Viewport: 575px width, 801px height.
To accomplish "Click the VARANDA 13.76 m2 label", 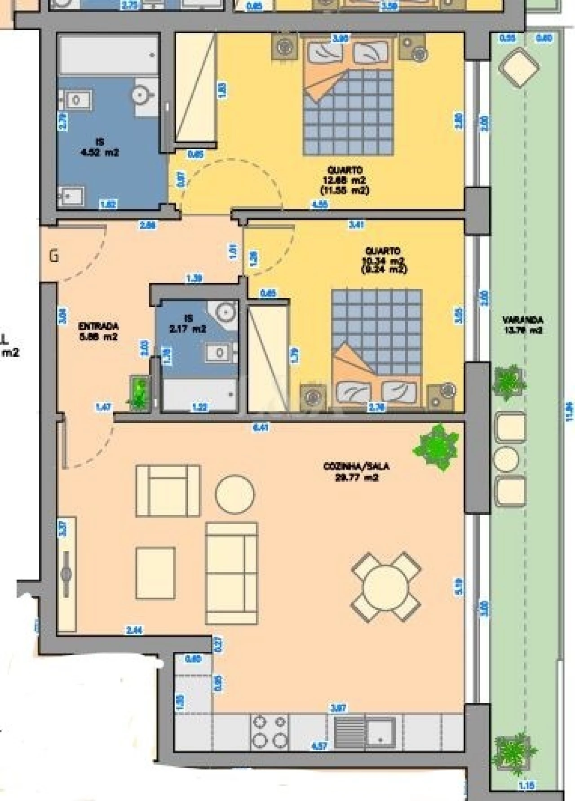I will point(522,325).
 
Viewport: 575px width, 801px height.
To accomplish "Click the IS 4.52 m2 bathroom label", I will point(100,147).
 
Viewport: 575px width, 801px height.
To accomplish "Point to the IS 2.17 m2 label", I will point(188,323).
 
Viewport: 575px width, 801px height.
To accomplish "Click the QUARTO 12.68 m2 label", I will point(345,180).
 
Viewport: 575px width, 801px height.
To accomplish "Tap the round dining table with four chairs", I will point(386,587).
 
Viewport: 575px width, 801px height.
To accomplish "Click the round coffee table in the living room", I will point(234,494).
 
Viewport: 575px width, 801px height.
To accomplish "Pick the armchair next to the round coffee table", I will point(168,491).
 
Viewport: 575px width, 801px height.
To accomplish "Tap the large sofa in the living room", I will point(231,573).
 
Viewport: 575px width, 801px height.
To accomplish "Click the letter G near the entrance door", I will point(54,257).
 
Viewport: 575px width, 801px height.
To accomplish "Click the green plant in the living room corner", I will point(436,447).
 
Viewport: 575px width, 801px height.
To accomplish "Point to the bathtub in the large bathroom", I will point(108,55).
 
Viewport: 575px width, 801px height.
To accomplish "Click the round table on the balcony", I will point(506,459).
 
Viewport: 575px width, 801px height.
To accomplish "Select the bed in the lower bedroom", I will point(376,346).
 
